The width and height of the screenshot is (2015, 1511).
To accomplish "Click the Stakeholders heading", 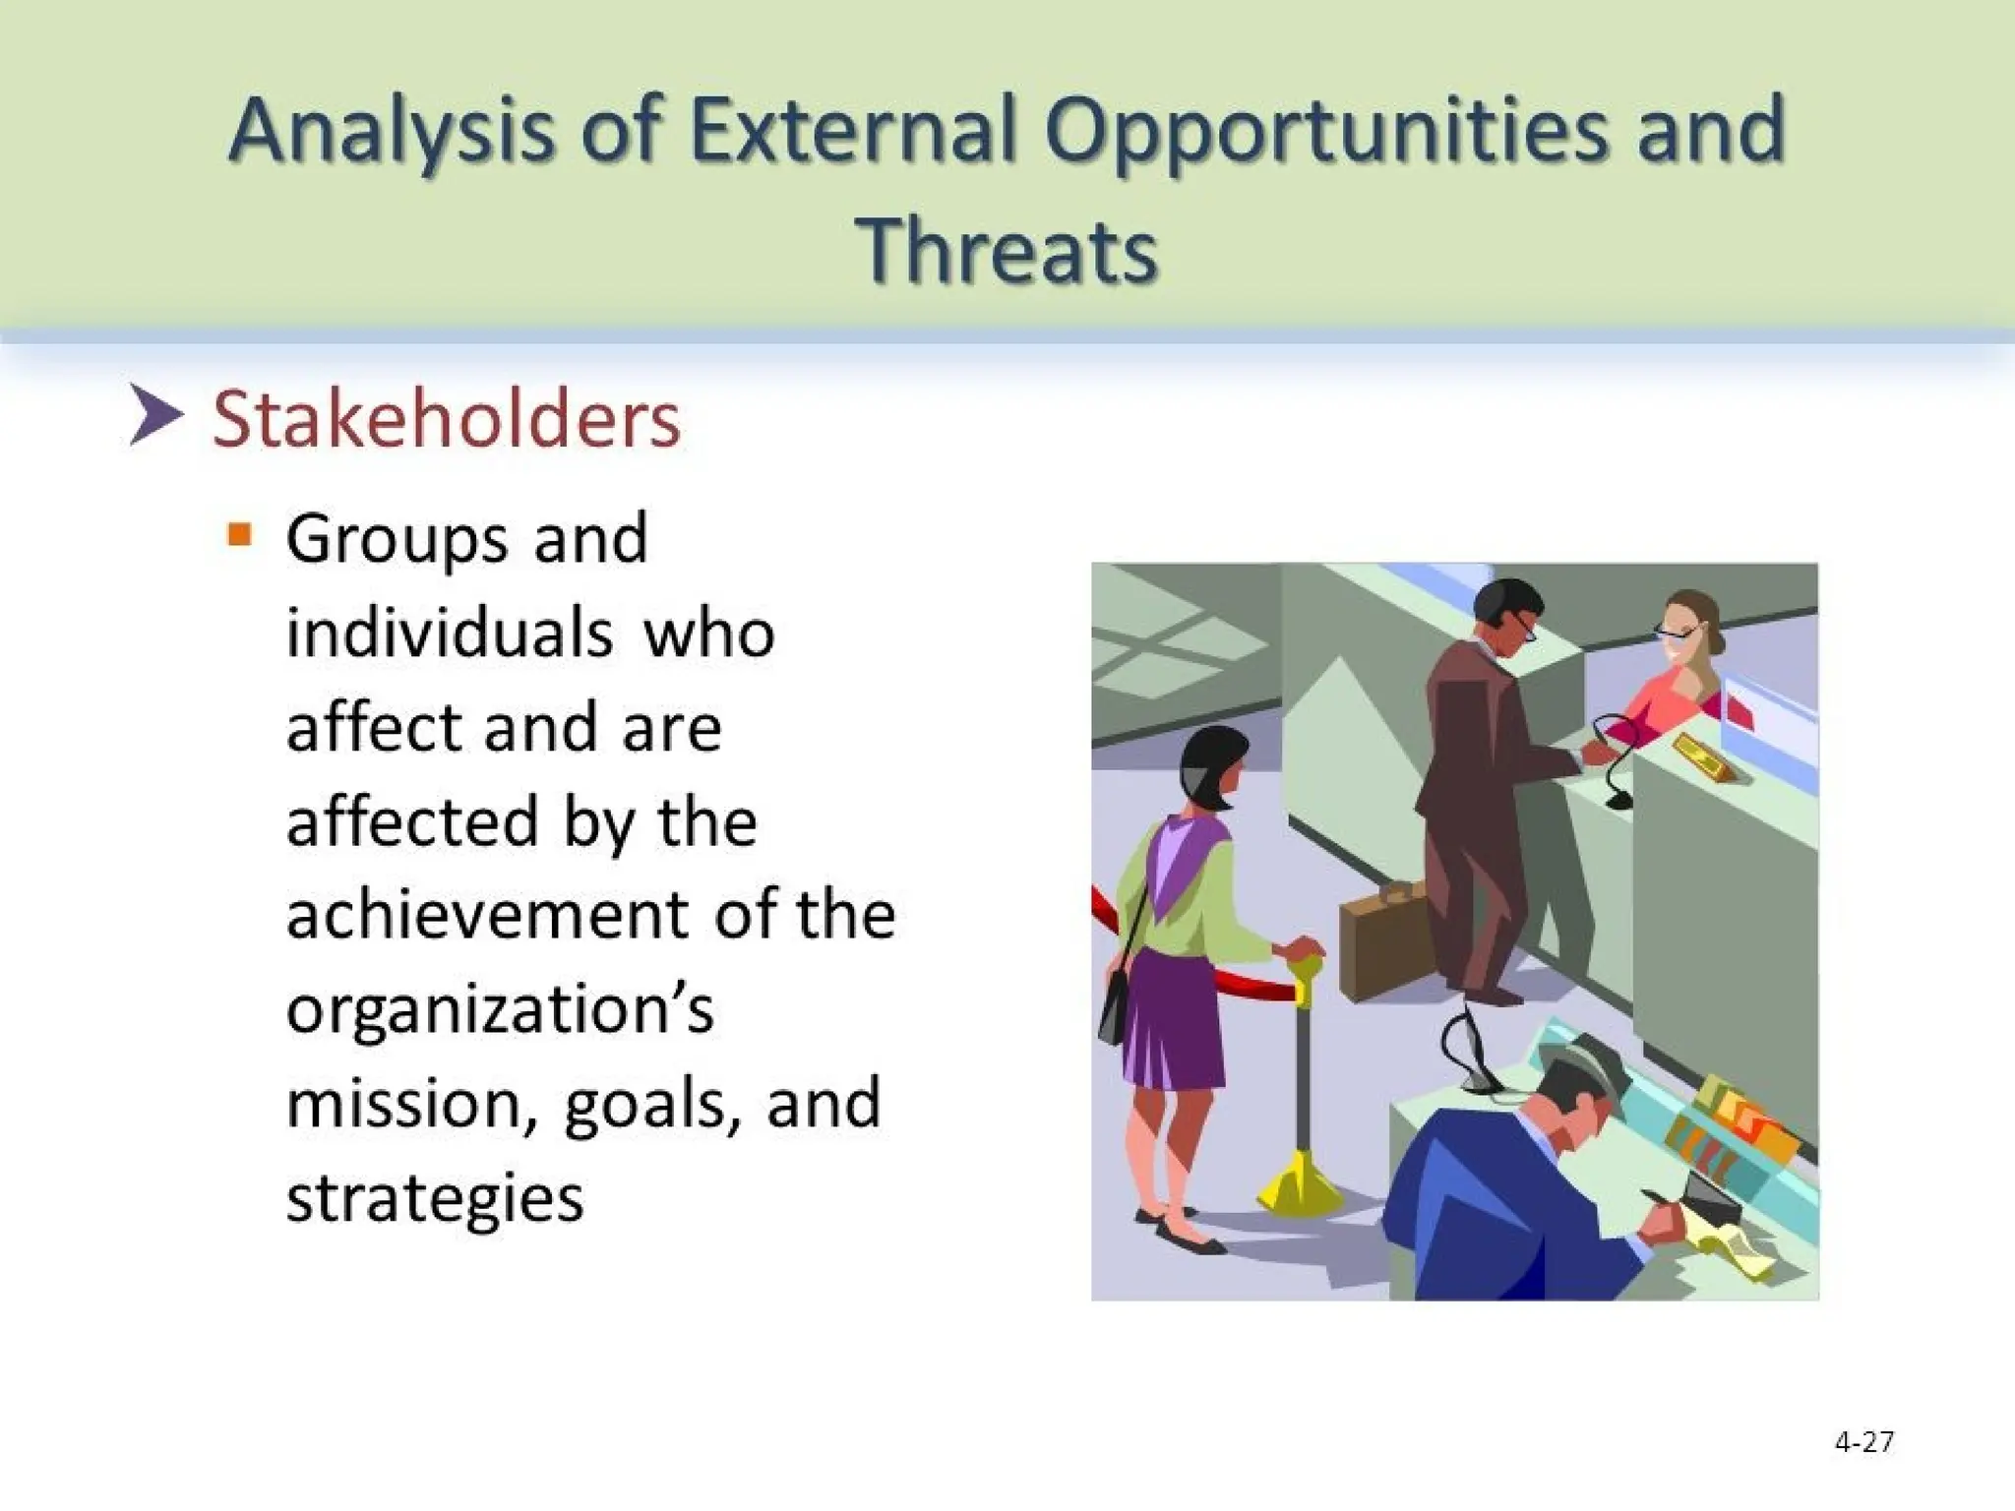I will pyautogui.click(x=446, y=420).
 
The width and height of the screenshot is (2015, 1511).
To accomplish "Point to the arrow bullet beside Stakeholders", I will pyautogui.click(x=155, y=416).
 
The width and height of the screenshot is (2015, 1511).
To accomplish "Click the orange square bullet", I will pyautogui.click(x=239, y=535).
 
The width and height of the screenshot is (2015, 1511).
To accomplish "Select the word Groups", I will pyautogui.click(x=397, y=540).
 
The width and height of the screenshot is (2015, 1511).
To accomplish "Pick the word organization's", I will pyautogui.click(x=499, y=1010).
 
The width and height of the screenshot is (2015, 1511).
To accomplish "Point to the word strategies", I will pyautogui.click(x=435, y=1199).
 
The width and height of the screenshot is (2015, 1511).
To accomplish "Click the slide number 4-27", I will pyautogui.click(x=1863, y=1442).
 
